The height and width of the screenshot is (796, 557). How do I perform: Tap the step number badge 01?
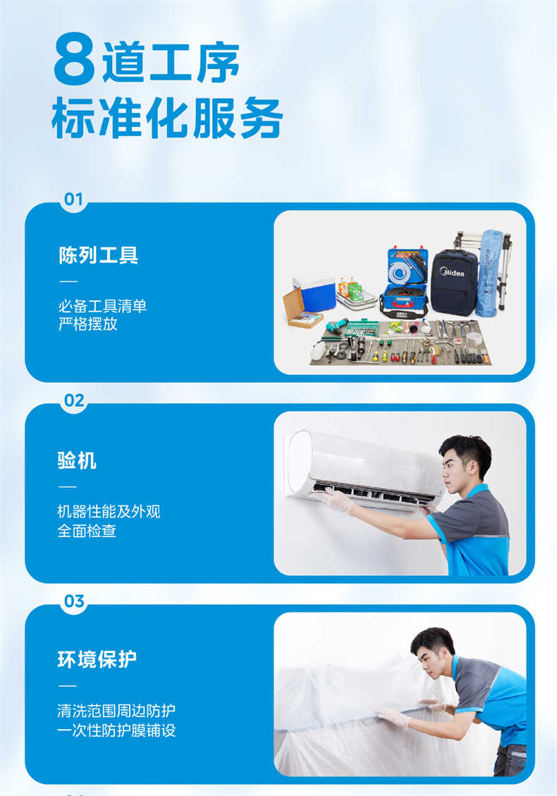[x=73, y=199]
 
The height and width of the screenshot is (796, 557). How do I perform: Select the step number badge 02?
[x=73, y=400]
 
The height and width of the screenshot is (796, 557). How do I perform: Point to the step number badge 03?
[x=73, y=601]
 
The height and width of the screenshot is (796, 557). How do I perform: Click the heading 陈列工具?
[x=98, y=255]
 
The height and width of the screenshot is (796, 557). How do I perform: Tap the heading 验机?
[x=77, y=461]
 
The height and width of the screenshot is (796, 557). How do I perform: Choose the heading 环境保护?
[x=97, y=659]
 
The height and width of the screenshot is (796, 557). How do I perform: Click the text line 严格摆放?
[x=87, y=325]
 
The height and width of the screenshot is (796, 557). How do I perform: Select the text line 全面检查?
[x=87, y=531]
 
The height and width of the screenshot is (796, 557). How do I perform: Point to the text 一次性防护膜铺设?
[x=116, y=730]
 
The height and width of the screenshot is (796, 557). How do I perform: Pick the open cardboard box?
[x=301, y=310]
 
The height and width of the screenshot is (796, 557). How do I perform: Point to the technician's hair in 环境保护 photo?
[x=431, y=637]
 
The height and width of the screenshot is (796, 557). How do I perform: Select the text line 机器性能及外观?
[x=109, y=511]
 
